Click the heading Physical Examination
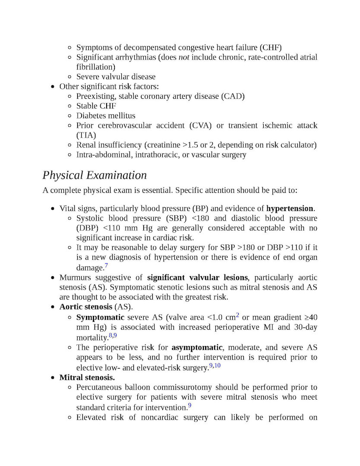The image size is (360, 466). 95,176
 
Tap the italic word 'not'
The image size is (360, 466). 184,57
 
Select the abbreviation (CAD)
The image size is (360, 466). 233,96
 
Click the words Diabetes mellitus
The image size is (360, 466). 106,116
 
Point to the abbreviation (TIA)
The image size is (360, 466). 86,135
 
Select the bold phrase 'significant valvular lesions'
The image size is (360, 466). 197,277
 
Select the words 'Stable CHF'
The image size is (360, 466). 96,106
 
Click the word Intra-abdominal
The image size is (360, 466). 103,154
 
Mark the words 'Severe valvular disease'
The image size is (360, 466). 116,77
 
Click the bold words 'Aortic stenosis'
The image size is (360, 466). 85,307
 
